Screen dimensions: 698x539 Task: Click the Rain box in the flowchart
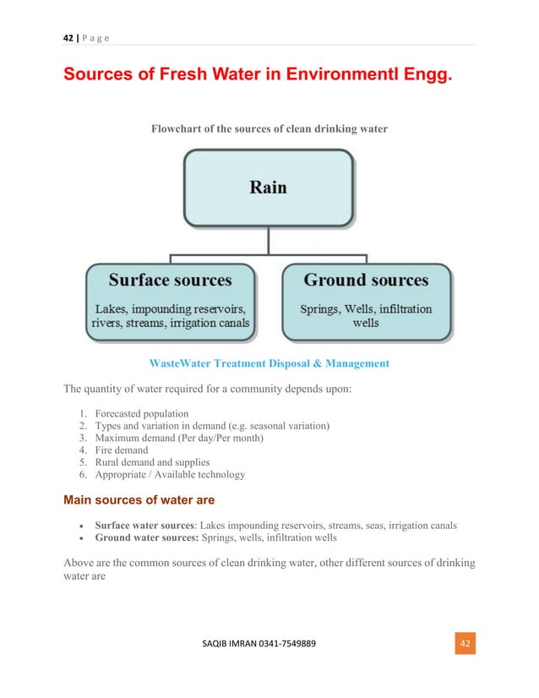pyautogui.click(x=268, y=188)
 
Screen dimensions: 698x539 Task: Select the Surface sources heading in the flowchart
pyautogui.click(x=170, y=280)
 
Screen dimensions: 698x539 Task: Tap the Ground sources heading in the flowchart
pyautogui.click(x=366, y=280)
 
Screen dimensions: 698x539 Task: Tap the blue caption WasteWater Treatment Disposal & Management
pyautogui.click(x=269, y=363)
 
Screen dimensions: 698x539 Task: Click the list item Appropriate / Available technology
pyautogui.click(x=170, y=475)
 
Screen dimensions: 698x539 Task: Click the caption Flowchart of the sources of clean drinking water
pyautogui.click(x=269, y=129)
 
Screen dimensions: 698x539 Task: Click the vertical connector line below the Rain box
pyautogui.click(x=268, y=240)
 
